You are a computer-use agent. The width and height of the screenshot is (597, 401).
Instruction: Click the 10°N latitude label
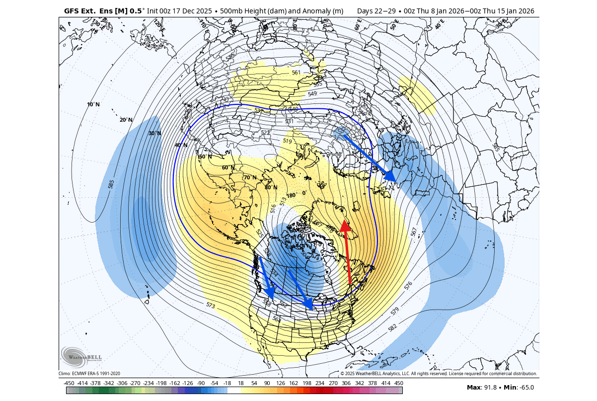(93, 104)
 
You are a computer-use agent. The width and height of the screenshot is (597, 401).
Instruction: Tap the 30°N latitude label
(154, 133)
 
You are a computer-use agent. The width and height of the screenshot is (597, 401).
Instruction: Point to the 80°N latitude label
(271, 187)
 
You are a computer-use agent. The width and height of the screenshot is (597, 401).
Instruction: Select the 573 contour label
(211, 305)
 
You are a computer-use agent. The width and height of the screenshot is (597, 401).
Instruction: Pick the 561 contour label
(297, 73)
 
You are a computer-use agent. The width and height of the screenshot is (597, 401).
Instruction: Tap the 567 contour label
(414, 232)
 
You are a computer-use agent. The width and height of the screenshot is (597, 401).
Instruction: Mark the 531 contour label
(289, 121)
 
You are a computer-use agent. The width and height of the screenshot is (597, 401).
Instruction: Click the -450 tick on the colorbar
(69, 383)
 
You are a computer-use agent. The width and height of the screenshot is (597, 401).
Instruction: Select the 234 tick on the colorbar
(319, 383)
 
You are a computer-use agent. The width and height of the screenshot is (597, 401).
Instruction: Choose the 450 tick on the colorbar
(399, 383)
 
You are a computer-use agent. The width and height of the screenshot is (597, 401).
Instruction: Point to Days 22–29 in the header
(374, 10)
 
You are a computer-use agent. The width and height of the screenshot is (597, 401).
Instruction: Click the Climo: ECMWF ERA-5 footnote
(89, 374)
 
